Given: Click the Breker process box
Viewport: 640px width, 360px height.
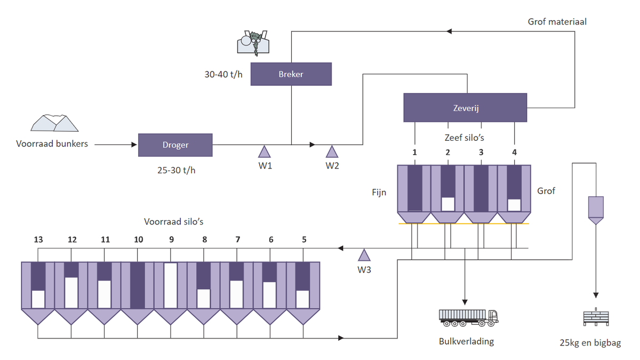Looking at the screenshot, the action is click(291, 74).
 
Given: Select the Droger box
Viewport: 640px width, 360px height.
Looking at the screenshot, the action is click(175, 145).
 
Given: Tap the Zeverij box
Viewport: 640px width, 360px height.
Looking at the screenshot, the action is click(465, 108).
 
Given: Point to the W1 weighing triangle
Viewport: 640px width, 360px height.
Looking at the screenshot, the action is click(265, 151).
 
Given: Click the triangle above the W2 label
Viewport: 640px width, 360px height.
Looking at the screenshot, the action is click(332, 151).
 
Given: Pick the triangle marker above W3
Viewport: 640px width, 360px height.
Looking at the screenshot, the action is click(364, 255).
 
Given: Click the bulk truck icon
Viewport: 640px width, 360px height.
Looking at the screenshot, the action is click(469, 318).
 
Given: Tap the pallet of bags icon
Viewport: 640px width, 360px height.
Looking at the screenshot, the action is click(596, 317).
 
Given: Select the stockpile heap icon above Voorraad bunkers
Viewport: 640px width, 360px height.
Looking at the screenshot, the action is click(54, 123).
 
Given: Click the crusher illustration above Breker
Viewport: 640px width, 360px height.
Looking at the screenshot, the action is click(253, 43).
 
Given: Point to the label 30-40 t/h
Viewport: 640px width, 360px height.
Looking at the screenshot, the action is click(223, 75).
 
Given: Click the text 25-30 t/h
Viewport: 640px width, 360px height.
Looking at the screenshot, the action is click(177, 170).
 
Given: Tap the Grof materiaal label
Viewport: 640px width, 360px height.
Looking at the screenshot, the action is click(557, 22).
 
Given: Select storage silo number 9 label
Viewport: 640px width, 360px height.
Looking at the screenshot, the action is click(171, 239).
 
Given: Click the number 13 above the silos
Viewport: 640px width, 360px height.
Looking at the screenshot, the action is click(38, 239).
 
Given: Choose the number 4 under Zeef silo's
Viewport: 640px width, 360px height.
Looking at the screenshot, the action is click(514, 153).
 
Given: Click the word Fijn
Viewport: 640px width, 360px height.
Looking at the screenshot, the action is click(379, 193).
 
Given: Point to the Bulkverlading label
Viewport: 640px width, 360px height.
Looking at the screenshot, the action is click(466, 341).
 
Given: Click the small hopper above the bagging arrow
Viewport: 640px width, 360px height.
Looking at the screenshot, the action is click(596, 210).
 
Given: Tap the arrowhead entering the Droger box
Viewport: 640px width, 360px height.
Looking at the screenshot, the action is click(134, 145).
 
